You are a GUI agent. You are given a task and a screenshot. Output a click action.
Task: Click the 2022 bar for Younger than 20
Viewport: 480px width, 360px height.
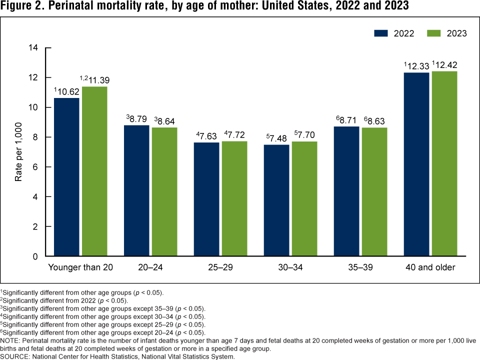pos(66,177)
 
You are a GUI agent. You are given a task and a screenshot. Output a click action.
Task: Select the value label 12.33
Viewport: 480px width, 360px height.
pos(418,65)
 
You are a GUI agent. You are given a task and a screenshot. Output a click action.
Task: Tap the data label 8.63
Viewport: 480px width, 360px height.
pos(376,120)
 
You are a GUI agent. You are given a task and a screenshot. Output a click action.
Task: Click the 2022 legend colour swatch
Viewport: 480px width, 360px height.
pos(381,33)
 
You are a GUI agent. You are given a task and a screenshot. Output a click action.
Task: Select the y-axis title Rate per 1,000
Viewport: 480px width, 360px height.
pos(18,152)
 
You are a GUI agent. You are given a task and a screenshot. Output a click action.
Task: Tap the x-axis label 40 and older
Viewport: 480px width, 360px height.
pos(430,267)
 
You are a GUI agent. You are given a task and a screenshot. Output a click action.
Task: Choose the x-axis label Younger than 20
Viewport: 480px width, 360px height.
pos(80,267)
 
